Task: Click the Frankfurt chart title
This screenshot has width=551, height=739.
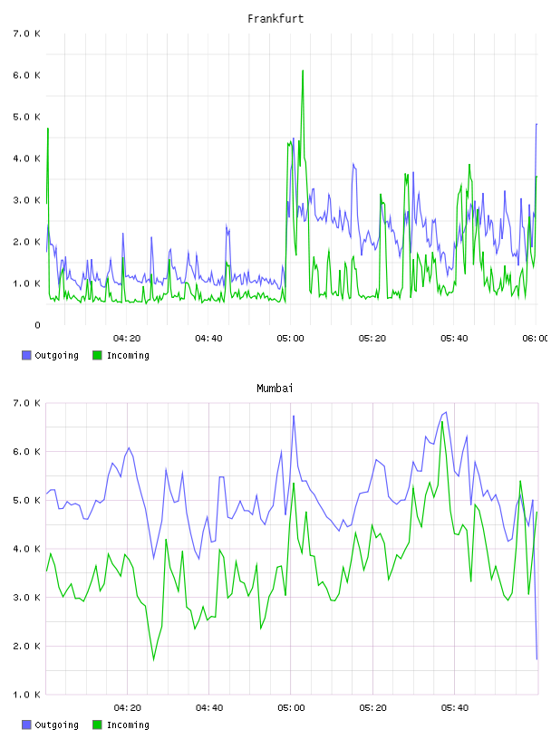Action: click(275, 19)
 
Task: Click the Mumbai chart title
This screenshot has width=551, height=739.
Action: click(275, 389)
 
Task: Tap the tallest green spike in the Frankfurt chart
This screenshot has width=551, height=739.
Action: click(303, 71)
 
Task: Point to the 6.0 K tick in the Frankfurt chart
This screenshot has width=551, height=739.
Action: click(26, 75)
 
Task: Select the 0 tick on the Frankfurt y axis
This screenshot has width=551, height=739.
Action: click(37, 325)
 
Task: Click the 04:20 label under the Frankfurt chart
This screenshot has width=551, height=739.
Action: click(127, 339)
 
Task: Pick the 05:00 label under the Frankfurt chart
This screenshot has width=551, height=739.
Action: click(291, 339)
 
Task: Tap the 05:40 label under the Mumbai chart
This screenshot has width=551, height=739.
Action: click(455, 708)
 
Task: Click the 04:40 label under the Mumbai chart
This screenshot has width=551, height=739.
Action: click(209, 708)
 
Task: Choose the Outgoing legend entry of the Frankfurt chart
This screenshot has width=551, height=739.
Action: click(51, 355)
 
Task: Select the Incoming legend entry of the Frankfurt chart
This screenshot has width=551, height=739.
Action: click(121, 355)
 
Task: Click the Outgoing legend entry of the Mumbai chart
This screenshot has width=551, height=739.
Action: click(51, 725)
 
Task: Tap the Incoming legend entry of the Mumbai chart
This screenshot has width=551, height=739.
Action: click(121, 725)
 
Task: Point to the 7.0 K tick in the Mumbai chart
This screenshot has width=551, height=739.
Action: click(26, 403)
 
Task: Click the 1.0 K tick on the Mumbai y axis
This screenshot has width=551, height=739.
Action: click(26, 695)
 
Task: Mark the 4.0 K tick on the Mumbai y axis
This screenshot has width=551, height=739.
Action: click(26, 549)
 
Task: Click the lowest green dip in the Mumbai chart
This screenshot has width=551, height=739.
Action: click(154, 660)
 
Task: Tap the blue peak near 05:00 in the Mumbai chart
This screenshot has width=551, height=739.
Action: click(294, 417)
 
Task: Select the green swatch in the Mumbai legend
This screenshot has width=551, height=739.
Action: click(97, 725)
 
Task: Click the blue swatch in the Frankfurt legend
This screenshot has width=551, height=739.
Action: click(26, 355)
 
